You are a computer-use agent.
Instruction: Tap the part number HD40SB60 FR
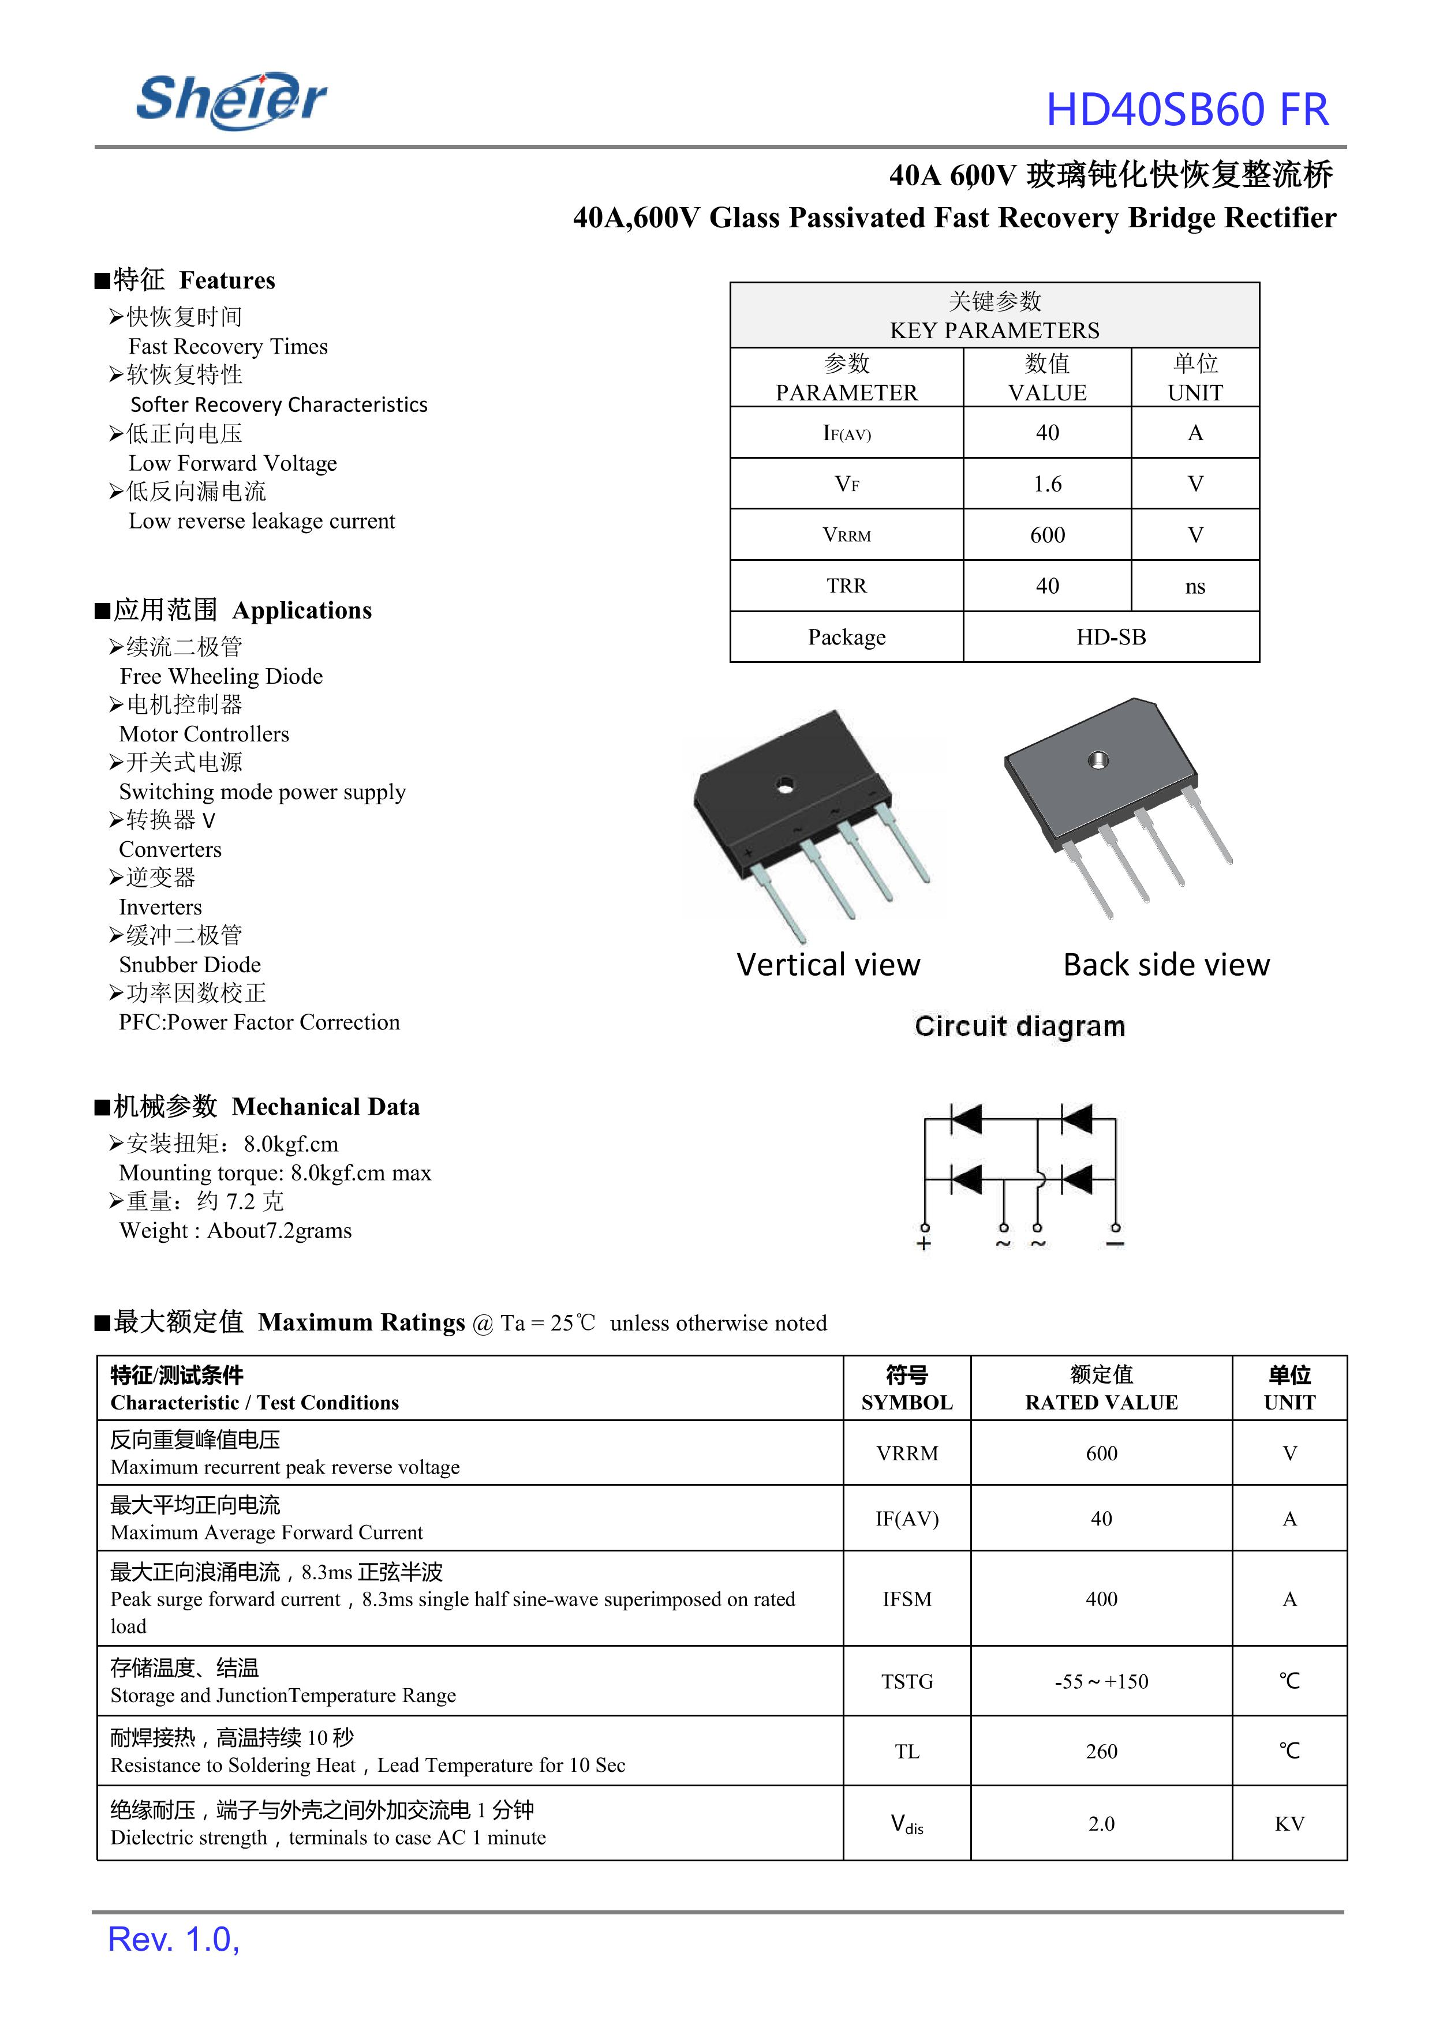coord(1187,110)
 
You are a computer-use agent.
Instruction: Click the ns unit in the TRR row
coord(1195,586)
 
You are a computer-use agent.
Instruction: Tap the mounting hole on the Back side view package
coord(1098,760)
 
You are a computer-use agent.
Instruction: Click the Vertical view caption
coord(828,964)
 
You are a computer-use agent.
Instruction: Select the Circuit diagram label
coord(1019,1026)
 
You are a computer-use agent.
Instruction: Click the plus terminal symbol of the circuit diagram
coord(924,1244)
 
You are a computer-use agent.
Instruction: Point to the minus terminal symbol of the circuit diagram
coord(1116,1244)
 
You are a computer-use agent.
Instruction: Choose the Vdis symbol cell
coord(906,1823)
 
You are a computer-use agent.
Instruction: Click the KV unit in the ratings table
coord(1289,1823)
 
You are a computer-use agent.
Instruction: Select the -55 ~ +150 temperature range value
coord(1101,1681)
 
